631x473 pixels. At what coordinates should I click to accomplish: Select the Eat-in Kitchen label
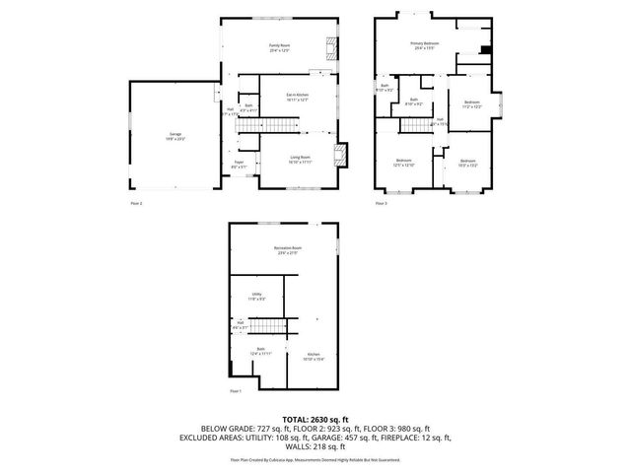(x=298, y=96)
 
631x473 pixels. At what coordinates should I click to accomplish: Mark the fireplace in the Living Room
(x=341, y=154)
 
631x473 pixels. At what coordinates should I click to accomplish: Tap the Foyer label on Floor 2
(x=239, y=165)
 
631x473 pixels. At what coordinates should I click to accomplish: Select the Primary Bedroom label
(x=425, y=45)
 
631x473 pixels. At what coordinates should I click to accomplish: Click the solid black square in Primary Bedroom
(x=484, y=50)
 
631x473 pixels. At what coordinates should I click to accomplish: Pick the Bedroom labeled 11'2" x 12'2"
(x=473, y=103)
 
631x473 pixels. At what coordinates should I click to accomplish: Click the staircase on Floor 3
(x=414, y=124)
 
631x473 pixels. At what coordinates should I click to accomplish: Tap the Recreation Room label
(x=288, y=250)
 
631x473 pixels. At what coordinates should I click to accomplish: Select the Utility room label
(x=256, y=296)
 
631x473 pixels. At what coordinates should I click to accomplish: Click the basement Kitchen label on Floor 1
(x=313, y=357)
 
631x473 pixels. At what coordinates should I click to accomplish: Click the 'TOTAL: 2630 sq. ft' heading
(x=315, y=420)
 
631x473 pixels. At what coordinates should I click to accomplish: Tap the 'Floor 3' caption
(x=381, y=203)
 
